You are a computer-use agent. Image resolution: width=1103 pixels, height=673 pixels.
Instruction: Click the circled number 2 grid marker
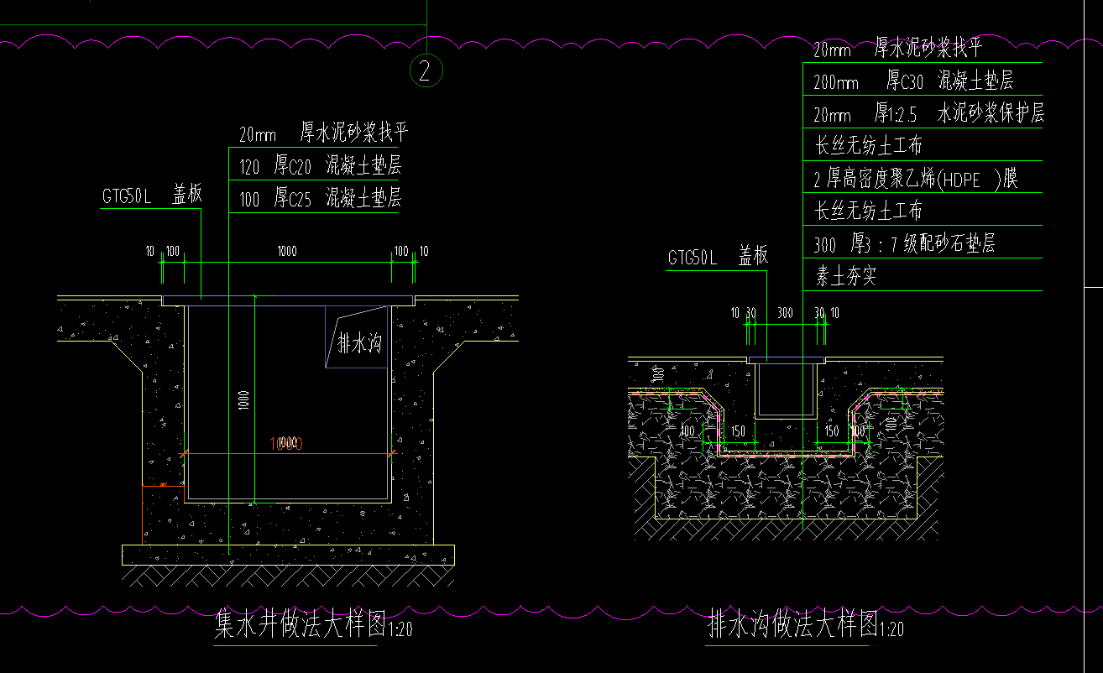point(426,71)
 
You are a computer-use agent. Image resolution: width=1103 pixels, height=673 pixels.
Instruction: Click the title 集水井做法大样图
point(299,625)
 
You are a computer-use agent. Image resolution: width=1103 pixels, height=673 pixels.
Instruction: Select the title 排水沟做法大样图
point(792,625)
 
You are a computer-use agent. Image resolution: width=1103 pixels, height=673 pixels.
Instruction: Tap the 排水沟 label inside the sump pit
point(359,343)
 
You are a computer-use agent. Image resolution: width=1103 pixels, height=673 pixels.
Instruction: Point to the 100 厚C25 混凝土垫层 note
point(320,199)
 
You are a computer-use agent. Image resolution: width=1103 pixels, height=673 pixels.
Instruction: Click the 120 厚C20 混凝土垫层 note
point(320,165)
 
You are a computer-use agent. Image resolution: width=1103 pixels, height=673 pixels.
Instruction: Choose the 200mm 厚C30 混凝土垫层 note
point(913,81)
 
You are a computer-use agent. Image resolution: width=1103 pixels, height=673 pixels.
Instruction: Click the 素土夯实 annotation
point(845,276)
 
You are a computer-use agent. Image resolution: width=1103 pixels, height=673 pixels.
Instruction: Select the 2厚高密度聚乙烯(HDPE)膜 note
point(916,179)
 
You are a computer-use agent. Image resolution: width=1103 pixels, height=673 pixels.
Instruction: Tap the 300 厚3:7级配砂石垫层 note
point(904,245)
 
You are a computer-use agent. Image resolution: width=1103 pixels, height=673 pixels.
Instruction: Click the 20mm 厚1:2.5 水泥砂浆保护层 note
point(928,113)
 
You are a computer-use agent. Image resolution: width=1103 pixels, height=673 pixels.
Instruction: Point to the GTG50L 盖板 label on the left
point(152,196)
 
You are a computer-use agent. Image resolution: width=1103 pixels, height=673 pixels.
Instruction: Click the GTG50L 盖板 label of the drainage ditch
point(718,258)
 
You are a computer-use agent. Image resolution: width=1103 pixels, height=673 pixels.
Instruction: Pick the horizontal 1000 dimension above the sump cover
point(288,251)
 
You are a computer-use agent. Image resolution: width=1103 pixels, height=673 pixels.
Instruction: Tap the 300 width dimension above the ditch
point(784,313)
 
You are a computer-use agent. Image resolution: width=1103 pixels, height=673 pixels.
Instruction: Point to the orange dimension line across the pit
point(288,453)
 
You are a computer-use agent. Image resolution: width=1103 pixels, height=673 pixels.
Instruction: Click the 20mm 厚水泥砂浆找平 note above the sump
point(323,133)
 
